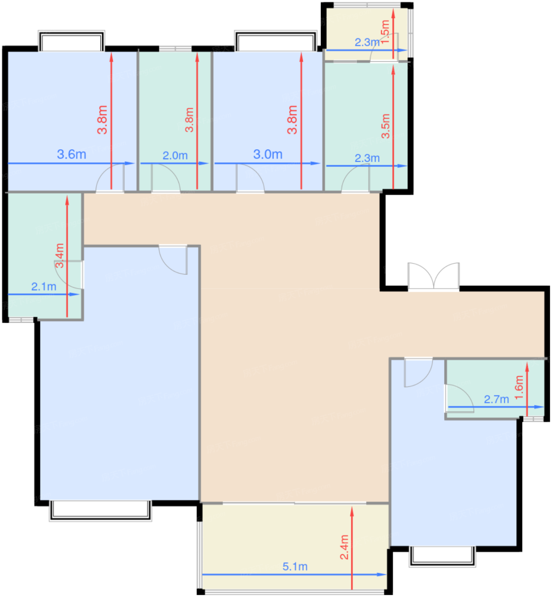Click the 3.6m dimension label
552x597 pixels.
[x=72, y=154]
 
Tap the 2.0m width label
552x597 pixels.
[x=175, y=156]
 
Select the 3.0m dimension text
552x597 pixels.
[x=268, y=154]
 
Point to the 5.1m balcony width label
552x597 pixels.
[x=295, y=567]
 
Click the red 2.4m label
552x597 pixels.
[x=344, y=547]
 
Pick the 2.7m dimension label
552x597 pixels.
[x=497, y=399]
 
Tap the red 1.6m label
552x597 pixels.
[x=519, y=387]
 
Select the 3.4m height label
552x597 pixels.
[x=60, y=255]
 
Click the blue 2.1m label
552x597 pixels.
[x=44, y=287]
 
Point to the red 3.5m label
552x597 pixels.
[x=385, y=126]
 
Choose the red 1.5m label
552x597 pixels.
[x=385, y=32]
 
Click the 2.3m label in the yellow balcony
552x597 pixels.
[x=367, y=42]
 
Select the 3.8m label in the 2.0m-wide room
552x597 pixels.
[x=189, y=120]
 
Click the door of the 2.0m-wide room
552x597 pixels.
[x=166, y=178]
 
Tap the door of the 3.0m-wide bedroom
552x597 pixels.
[x=250, y=178]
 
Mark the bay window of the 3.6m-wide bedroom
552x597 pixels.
[x=72, y=41]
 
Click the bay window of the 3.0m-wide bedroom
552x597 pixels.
[x=276, y=41]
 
